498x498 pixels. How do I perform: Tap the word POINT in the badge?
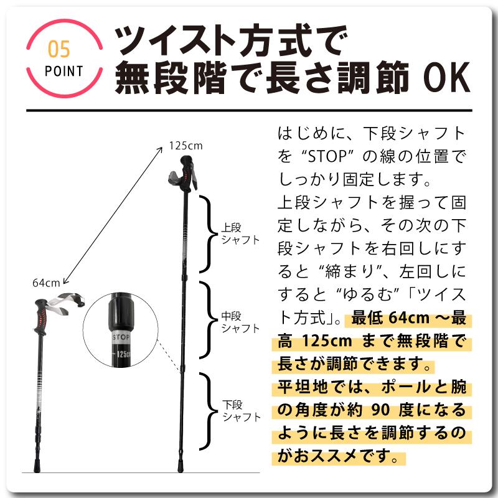[64, 71]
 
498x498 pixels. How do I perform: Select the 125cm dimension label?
[186, 146]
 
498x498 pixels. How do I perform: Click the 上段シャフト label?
[240, 233]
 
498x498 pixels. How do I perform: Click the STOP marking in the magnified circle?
[121, 337]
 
